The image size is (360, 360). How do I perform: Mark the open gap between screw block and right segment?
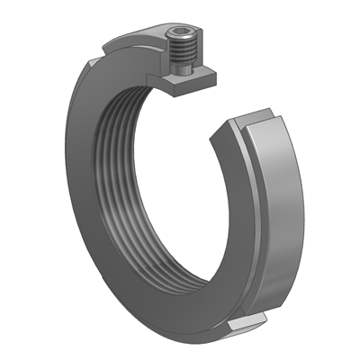(225, 99)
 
